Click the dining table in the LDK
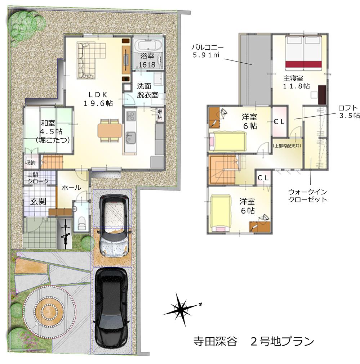tap(110, 130)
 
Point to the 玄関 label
tap(37, 201)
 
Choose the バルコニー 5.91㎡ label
tap(207, 51)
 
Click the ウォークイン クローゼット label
tap(308, 196)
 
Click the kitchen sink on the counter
tap(130, 137)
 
